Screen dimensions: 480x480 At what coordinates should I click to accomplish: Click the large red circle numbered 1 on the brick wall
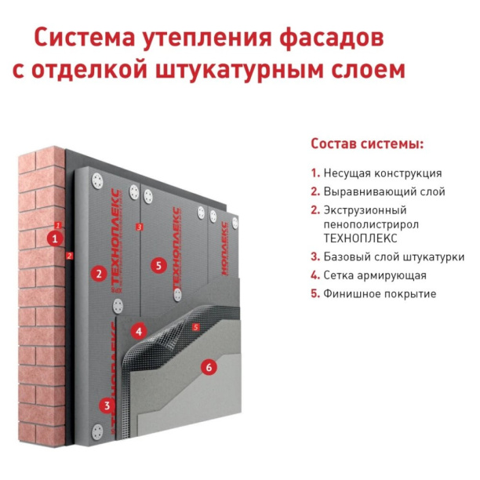(54, 238)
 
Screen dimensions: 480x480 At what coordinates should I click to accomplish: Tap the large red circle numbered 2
(98, 274)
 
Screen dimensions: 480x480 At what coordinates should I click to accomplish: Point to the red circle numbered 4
(139, 331)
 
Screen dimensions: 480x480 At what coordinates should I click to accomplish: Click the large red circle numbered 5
(158, 266)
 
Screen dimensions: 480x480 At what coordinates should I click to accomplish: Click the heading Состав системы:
(367, 144)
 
